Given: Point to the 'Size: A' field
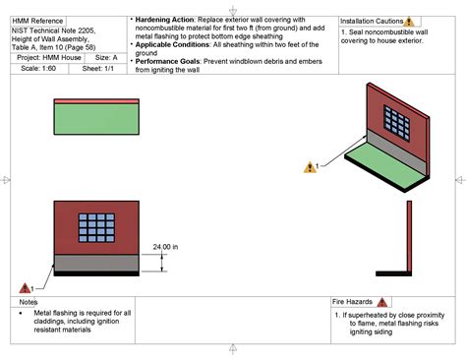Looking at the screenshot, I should [105, 58].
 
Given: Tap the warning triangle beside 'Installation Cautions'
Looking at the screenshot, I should [410, 21].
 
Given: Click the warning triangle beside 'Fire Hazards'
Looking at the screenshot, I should [382, 302].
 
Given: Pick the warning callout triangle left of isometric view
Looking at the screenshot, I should [309, 167].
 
